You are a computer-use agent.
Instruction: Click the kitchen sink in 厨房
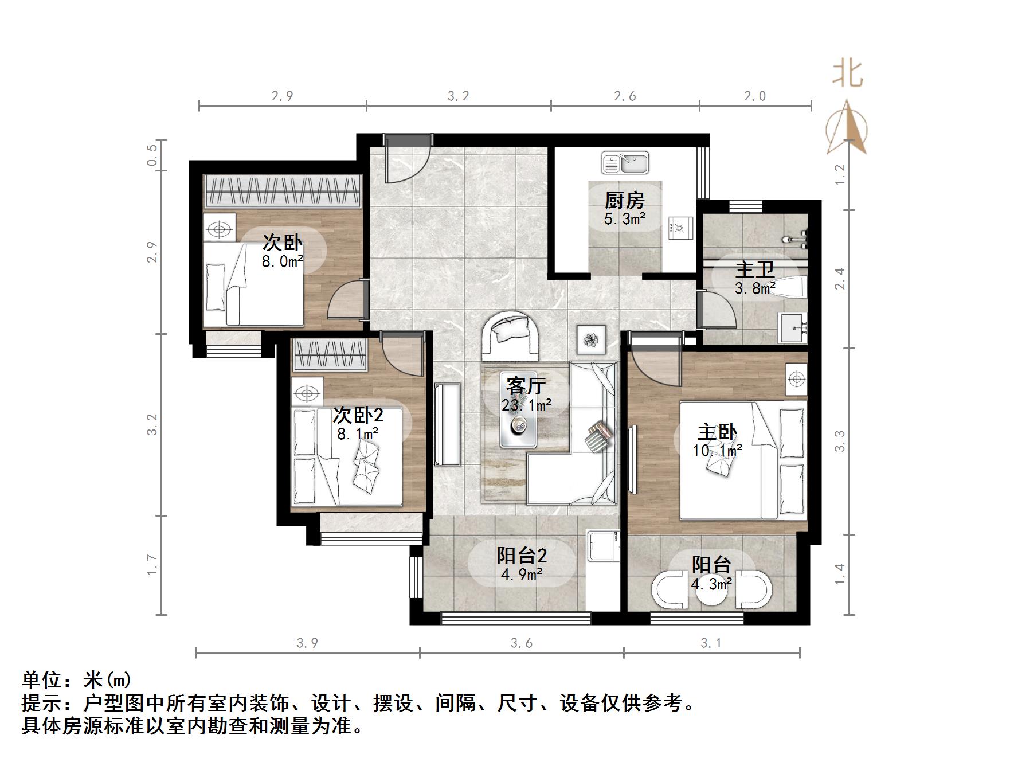(x=625, y=163)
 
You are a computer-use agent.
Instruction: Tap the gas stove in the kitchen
(x=680, y=228)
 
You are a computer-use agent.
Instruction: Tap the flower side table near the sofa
(x=591, y=340)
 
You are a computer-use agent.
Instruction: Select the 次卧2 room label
(x=358, y=415)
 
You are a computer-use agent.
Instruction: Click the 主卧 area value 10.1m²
(x=717, y=451)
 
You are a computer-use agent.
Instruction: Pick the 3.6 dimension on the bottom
(x=522, y=643)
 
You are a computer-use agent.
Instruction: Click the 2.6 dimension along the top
(x=625, y=96)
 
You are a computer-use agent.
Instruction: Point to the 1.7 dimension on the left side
(x=152, y=565)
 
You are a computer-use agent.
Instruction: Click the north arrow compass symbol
(x=847, y=129)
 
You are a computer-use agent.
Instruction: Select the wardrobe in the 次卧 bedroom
(x=283, y=191)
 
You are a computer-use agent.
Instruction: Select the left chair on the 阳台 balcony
(x=670, y=590)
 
